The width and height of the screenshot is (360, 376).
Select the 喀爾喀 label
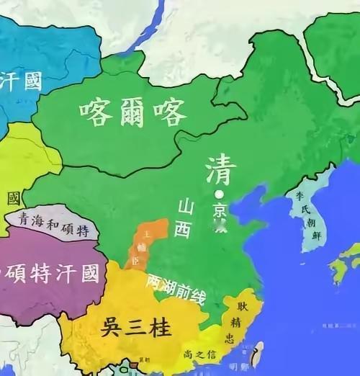click(x=133, y=112)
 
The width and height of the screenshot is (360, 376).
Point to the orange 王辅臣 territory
click(x=148, y=245)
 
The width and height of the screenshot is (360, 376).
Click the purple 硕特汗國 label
click(x=50, y=272)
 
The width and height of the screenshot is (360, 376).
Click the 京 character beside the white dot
click(x=219, y=209)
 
